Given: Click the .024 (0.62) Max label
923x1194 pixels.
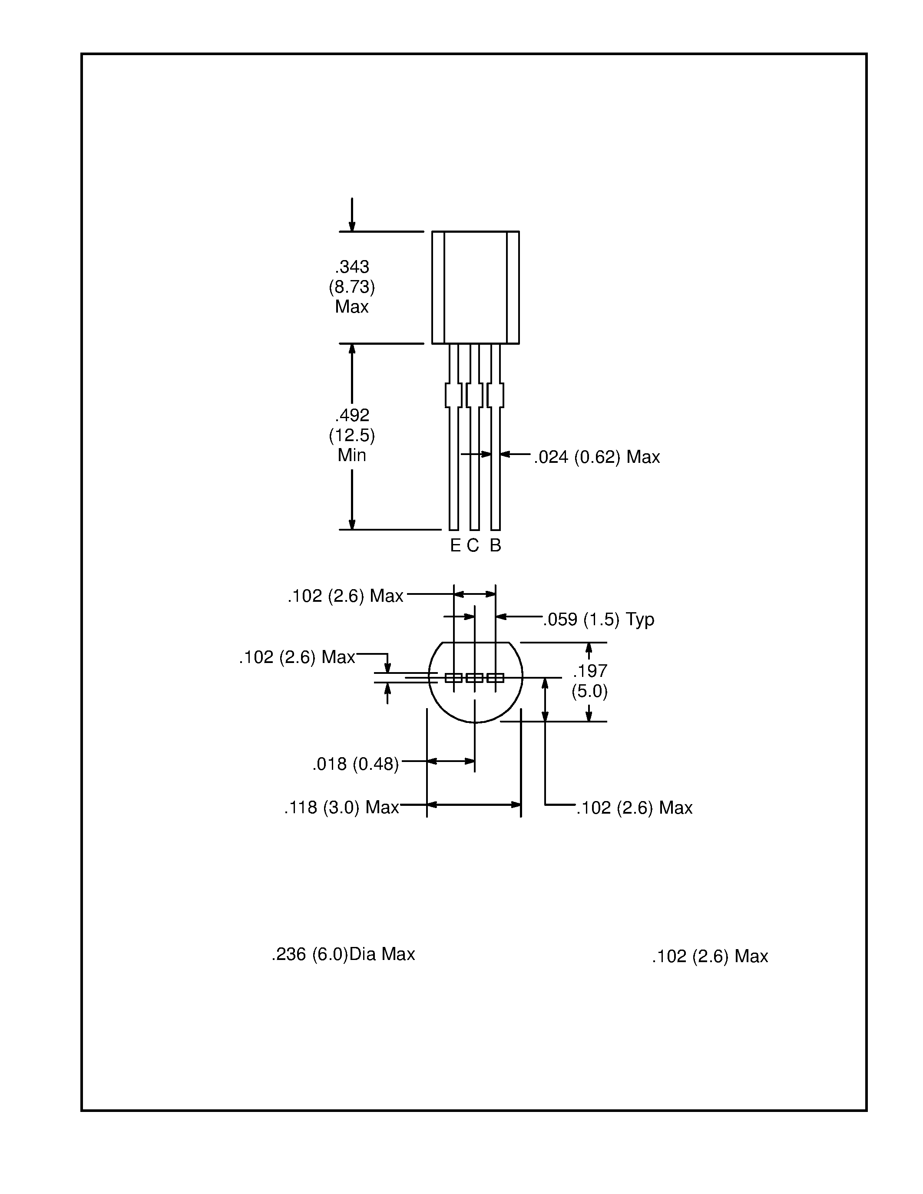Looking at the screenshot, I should [596, 456].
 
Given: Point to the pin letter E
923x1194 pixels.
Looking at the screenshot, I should [455, 545].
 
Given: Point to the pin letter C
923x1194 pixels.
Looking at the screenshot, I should [473, 545].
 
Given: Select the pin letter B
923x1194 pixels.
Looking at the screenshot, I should [496, 545].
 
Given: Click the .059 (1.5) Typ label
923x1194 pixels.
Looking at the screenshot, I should [599, 620].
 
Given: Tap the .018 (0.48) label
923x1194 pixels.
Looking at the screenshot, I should [355, 764].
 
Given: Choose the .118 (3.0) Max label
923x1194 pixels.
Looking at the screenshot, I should [341, 808].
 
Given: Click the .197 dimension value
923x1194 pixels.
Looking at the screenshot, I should [590, 671].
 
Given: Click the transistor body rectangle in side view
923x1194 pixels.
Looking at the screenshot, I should [475, 287].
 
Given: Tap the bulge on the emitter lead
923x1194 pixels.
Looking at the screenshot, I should [453, 395].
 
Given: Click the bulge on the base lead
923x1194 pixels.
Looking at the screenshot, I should [496, 395].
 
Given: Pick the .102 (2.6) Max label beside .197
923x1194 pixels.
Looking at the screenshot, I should [634, 808].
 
